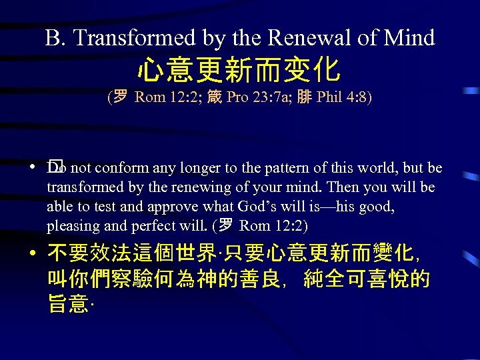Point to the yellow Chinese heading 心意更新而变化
click(x=239, y=69)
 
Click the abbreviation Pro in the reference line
click(x=237, y=97)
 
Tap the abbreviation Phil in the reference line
click(x=329, y=97)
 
